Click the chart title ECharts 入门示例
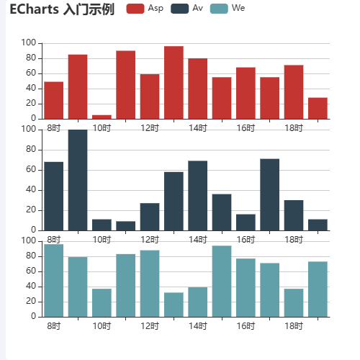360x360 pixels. coord(62,9)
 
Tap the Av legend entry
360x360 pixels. coord(189,9)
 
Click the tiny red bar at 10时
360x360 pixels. coord(102,117)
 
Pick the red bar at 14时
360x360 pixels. coord(197,89)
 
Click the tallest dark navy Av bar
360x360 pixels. coord(78,180)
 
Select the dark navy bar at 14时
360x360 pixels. coord(197,195)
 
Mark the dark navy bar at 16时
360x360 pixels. coord(246,222)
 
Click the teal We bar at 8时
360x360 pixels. coord(54,280)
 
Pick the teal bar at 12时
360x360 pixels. coord(150,283)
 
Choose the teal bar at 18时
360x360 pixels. coord(293,302)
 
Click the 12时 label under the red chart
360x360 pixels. coord(150,128)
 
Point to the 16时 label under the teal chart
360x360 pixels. coord(246,326)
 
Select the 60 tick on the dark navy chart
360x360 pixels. coord(30,170)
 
